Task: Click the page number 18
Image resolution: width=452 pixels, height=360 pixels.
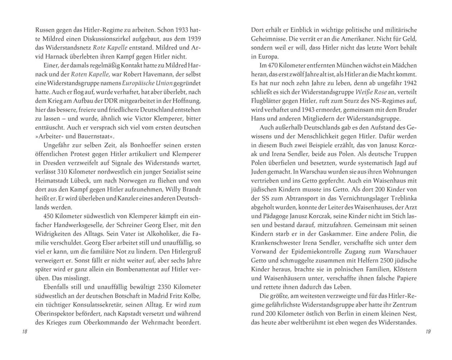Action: (x=25, y=331)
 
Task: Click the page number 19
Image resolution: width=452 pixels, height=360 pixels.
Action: (x=428, y=331)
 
